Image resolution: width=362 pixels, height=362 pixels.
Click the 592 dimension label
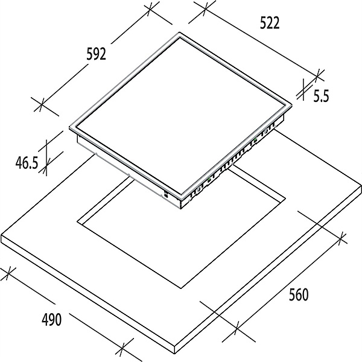[x=97, y=54]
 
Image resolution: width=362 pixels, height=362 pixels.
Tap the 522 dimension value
[x=270, y=23]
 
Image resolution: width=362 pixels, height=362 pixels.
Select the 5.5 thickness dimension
[x=321, y=96]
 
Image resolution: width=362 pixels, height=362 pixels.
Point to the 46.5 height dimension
[x=27, y=163]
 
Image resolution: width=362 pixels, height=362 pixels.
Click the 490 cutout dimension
[x=52, y=320]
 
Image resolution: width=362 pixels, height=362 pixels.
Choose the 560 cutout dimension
[x=299, y=294]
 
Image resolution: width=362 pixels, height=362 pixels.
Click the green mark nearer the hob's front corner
[x=209, y=179]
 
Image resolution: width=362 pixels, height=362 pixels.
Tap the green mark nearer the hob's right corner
[x=255, y=139]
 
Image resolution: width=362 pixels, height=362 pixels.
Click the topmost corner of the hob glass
[x=180, y=32]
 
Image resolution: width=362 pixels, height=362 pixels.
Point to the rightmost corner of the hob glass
[x=292, y=105]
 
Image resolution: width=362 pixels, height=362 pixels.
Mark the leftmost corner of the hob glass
[x=69, y=127]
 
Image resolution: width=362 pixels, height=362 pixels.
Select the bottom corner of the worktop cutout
[x=181, y=288]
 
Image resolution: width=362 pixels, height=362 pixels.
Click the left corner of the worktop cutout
[x=77, y=221]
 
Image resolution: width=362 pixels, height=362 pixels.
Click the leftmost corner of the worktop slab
[x=1, y=235]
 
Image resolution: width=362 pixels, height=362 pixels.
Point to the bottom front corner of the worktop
[x=175, y=354]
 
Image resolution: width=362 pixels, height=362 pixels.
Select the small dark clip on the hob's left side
[x=165, y=194]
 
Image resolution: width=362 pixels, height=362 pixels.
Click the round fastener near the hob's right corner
[x=266, y=131]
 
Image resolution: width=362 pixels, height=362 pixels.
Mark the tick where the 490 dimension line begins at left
[x=8, y=273]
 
